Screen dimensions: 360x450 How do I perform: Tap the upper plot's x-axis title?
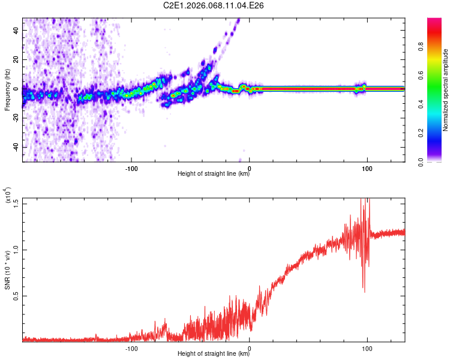coord(214,174)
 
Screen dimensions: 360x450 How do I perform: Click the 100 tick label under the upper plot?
coord(367,168)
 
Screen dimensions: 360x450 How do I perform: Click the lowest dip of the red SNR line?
coord(364,292)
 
